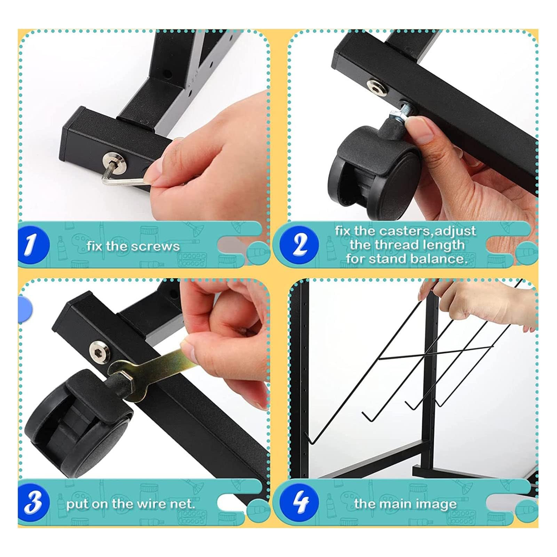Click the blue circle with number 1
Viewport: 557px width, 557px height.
32,245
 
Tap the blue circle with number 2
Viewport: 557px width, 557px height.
299,245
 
